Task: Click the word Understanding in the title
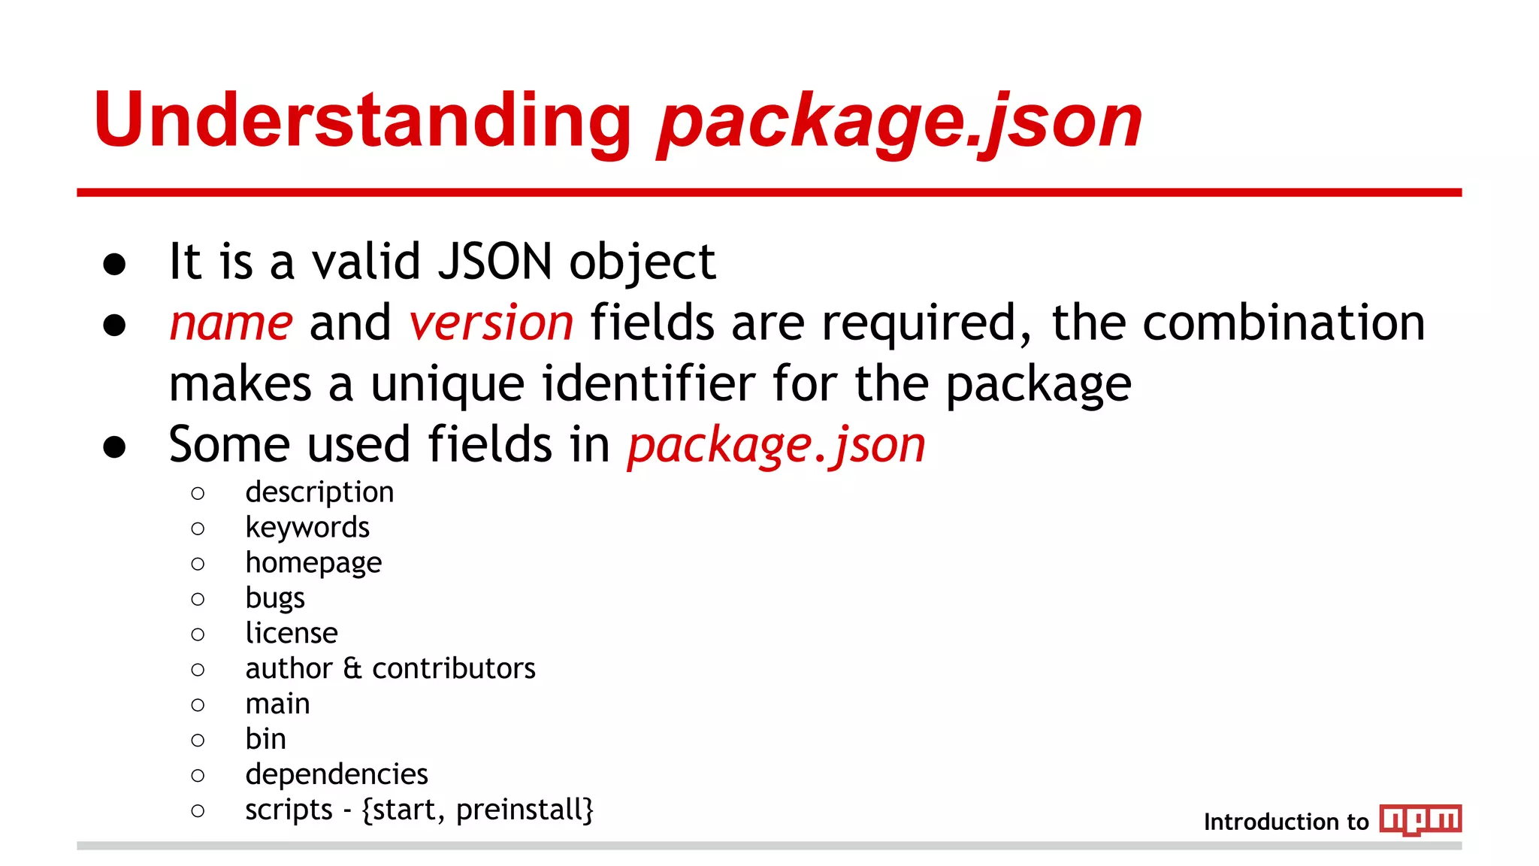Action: [362, 120]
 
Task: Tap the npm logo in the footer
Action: [1420, 819]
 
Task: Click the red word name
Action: [231, 323]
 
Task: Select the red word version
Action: [491, 323]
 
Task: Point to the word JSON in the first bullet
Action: [495, 262]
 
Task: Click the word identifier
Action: [648, 383]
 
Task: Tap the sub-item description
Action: [319, 492]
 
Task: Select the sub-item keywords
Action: [307, 528]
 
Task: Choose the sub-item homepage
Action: [313, 563]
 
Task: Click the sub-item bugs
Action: [275, 598]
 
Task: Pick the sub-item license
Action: [292, 633]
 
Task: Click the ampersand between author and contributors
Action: [352, 668]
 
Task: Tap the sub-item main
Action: [277, 704]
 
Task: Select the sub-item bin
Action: [265, 739]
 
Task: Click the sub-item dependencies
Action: [337, 774]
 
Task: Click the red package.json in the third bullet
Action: [776, 445]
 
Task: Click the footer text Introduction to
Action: [1286, 822]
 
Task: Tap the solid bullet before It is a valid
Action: [114, 264]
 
